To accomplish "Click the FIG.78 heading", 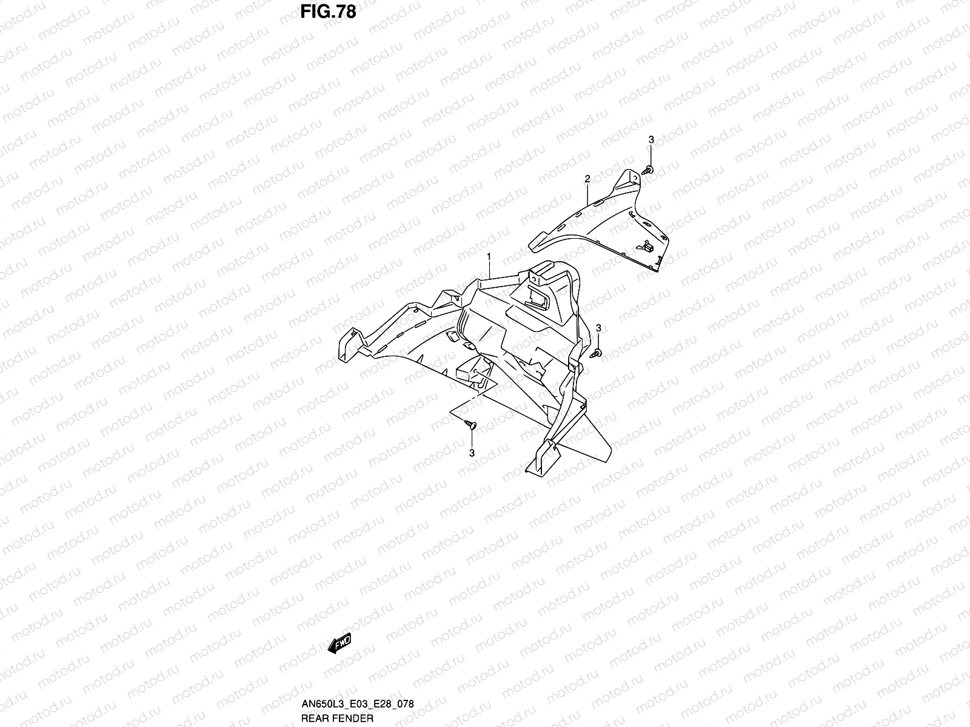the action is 327,12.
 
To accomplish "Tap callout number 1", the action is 489,257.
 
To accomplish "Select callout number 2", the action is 587,178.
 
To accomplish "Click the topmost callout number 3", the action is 651,140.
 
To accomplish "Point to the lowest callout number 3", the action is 472,453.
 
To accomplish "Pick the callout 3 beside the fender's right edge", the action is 598,328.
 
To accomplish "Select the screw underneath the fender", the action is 471,425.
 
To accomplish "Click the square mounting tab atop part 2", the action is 630,176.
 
